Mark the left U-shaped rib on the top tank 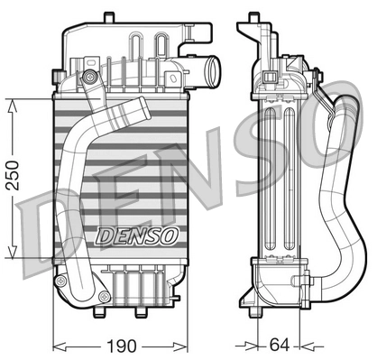click(x=138, y=45)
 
